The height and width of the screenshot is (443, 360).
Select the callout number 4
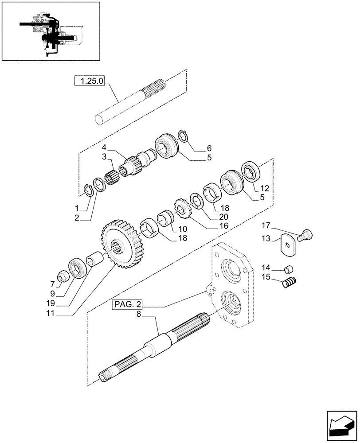pos(103,147)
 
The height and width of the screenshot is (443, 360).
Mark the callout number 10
pos(182,229)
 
